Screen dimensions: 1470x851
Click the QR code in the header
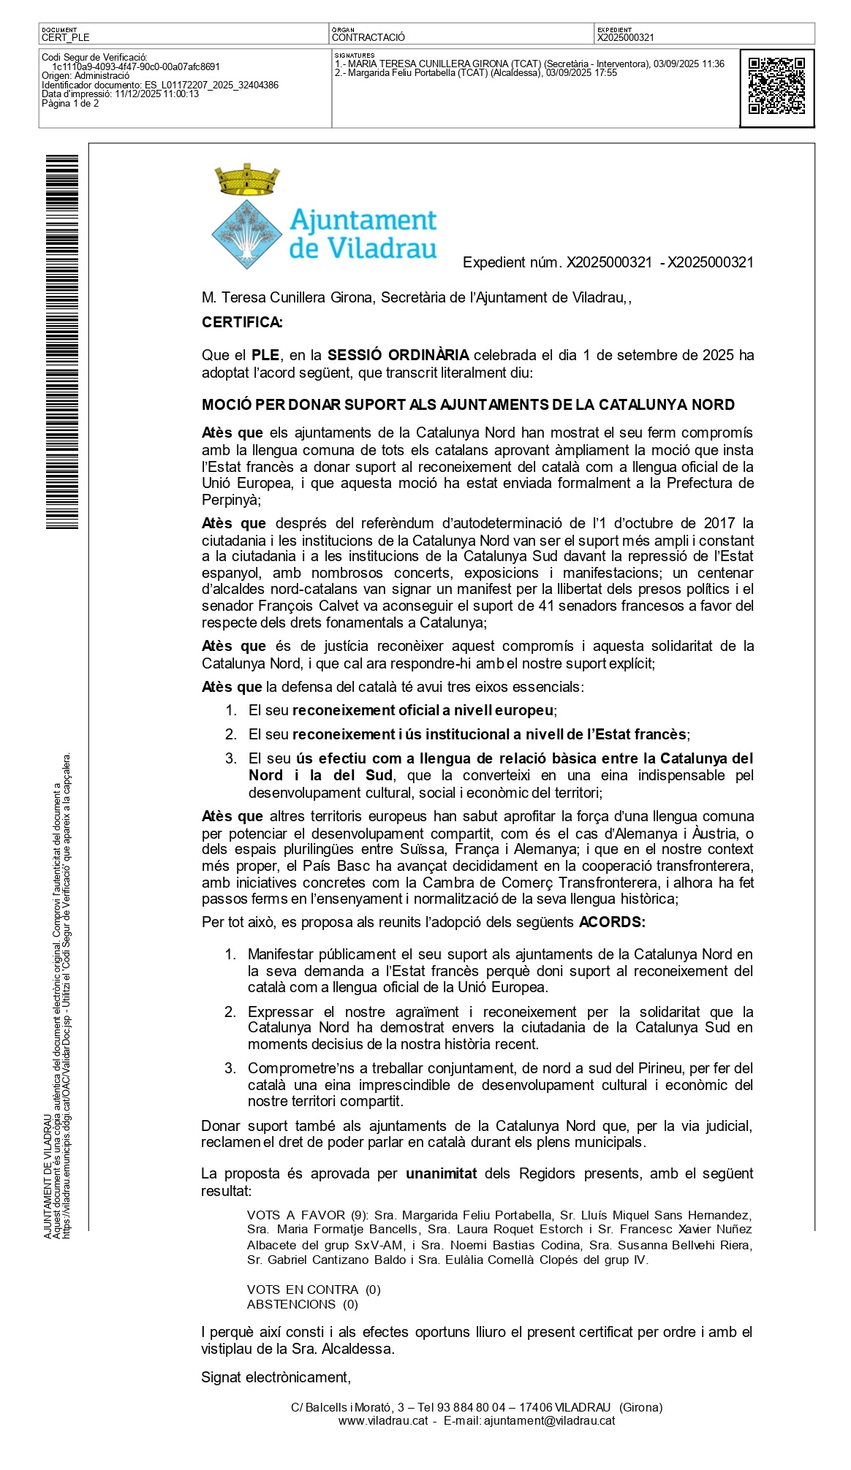[x=776, y=87]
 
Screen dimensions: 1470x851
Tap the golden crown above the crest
[x=247, y=180]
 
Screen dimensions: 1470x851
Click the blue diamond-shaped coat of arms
[x=247, y=235]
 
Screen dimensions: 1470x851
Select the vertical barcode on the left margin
[x=62, y=341]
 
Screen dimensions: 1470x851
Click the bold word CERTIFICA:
[x=242, y=322]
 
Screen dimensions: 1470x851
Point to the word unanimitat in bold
[x=441, y=1173]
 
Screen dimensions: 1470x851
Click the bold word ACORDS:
[x=612, y=922]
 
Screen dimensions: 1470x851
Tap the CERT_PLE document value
[x=66, y=37]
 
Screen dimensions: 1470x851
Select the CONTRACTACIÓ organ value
[x=368, y=37]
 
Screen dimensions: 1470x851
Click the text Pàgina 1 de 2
[x=70, y=104]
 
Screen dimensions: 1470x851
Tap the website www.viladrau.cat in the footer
[x=382, y=1421]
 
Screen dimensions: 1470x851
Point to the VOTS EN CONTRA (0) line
[x=314, y=1290]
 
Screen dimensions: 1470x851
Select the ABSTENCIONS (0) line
[x=303, y=1304]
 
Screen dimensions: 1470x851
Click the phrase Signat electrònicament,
[x=276, y=1377]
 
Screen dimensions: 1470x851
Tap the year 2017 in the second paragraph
[x=719, y=523]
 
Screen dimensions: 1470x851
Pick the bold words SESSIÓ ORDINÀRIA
[x=398, y=355]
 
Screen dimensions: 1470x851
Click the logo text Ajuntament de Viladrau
[x=363, y=234]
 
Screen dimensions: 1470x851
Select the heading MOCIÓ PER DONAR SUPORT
[x=468, y=405]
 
